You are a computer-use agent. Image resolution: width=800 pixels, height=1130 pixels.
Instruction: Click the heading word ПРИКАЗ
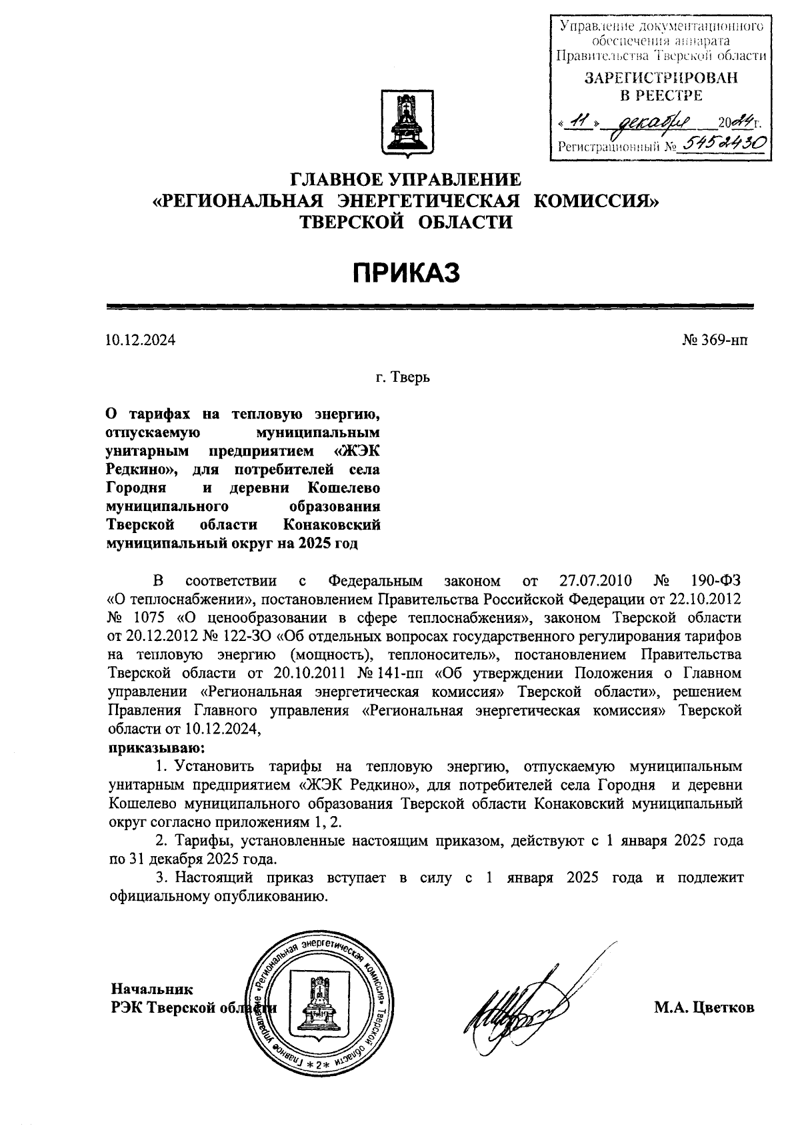[406, 273]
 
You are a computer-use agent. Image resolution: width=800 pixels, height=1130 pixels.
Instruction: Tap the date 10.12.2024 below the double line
[141, 340]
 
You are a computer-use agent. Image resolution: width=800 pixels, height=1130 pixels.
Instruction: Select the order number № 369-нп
[715, 340]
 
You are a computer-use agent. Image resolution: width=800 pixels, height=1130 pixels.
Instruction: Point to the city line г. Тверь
[402, 378]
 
